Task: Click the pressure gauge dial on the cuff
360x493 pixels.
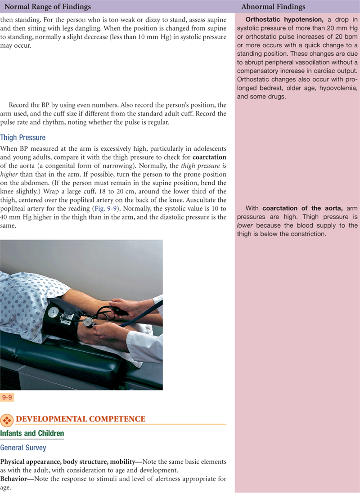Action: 54,312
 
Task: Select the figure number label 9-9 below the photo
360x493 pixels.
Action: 7,398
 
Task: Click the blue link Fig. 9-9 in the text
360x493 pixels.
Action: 106,208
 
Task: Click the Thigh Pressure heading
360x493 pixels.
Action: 23,137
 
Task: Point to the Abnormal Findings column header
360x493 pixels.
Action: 273,7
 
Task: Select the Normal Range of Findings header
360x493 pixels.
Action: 48,7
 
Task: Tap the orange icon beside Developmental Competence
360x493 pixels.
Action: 7,420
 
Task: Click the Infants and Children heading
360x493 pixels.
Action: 32,433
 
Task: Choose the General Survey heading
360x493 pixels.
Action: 23,448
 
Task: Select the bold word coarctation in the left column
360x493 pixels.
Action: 209,157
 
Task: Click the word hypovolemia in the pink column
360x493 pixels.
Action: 338,88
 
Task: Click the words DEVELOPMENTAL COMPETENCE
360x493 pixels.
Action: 81,419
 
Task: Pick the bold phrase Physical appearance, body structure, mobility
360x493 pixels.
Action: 67,462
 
